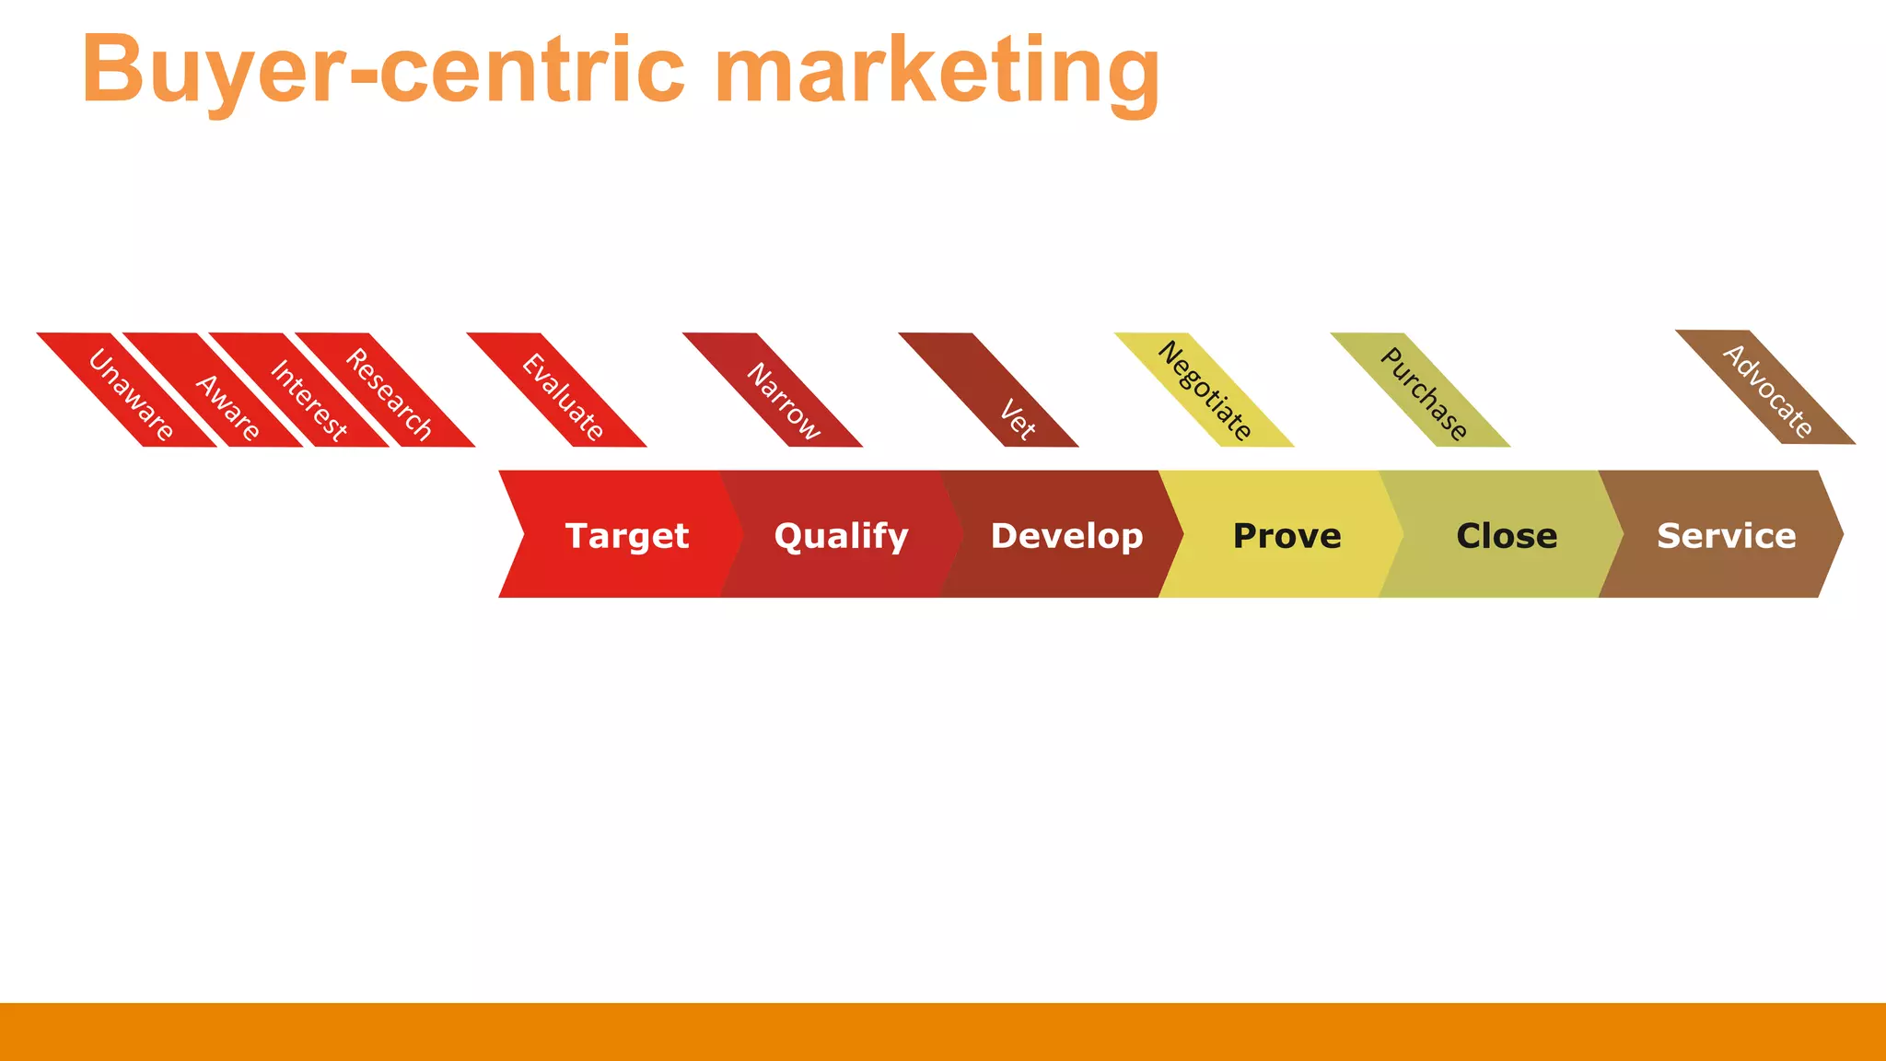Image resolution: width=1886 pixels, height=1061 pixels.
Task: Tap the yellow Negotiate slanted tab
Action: pyautogui.click(x=1205, y=391)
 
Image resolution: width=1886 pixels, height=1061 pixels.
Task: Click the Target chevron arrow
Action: pyautogui.click(x=626, y=535)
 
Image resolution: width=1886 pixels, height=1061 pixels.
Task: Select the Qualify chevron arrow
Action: pyautogui.click(x=841, y=535)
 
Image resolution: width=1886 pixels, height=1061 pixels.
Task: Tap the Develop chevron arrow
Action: pyautogui.click(x=1066, y=535)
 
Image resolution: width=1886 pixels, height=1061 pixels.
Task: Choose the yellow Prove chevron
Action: pyautogui.click(x=1286, y=535)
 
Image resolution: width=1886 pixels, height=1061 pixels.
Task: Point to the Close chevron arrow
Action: pyautogui.click(x=1507, y=535)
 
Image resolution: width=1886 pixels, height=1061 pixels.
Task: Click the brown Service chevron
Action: pyautogui.click(x=1726, y=535)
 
